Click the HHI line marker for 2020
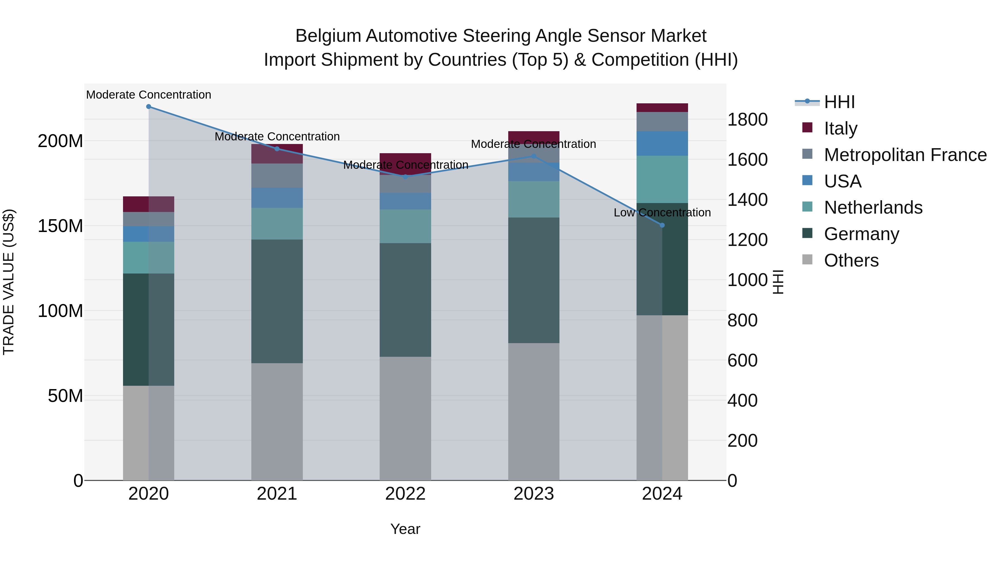(149, 107)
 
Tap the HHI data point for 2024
(662, 225)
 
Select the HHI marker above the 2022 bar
(405, 177)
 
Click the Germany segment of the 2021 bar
(277, 302)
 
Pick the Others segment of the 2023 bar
(534, 412)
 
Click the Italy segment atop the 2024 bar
(662, 108)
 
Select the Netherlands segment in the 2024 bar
(662, 179)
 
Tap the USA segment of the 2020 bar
(149, 234)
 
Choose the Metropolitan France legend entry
(905, 155)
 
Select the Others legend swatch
(807, 260)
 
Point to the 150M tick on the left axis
(60, 226)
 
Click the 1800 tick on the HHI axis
(747, 119)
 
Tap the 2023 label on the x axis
(534, 494)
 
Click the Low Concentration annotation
(662, 213)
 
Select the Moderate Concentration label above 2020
(149, 95)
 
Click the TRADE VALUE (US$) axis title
(9, 282)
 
